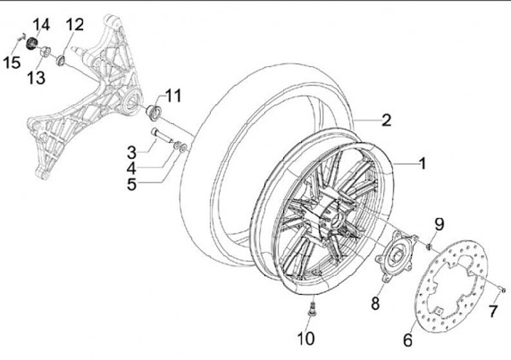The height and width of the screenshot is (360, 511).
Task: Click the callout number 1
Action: coord(422,163)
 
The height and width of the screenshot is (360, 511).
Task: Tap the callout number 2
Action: coord(386,120)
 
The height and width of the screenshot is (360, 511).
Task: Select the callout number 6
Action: coord(407,340)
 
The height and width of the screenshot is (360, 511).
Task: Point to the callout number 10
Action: coord(306,338)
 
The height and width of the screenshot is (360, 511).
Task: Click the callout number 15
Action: coord(12,62)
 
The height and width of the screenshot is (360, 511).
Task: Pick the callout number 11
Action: coord(173,96)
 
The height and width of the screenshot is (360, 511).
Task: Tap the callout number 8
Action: coord(375,304)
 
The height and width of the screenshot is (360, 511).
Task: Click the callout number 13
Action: coord(36,78)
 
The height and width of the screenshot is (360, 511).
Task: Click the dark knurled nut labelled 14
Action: coord(32,43)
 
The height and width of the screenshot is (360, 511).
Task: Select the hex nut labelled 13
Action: coord(45,52)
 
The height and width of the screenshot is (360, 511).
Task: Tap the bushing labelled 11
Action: coord(153,112)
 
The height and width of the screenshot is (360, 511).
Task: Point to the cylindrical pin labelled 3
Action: coord(161,136)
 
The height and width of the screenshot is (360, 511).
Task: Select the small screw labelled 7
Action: coord(502,290)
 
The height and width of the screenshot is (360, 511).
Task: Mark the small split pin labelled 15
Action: coord(21,38)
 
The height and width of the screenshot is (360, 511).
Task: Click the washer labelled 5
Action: coord(184,148)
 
